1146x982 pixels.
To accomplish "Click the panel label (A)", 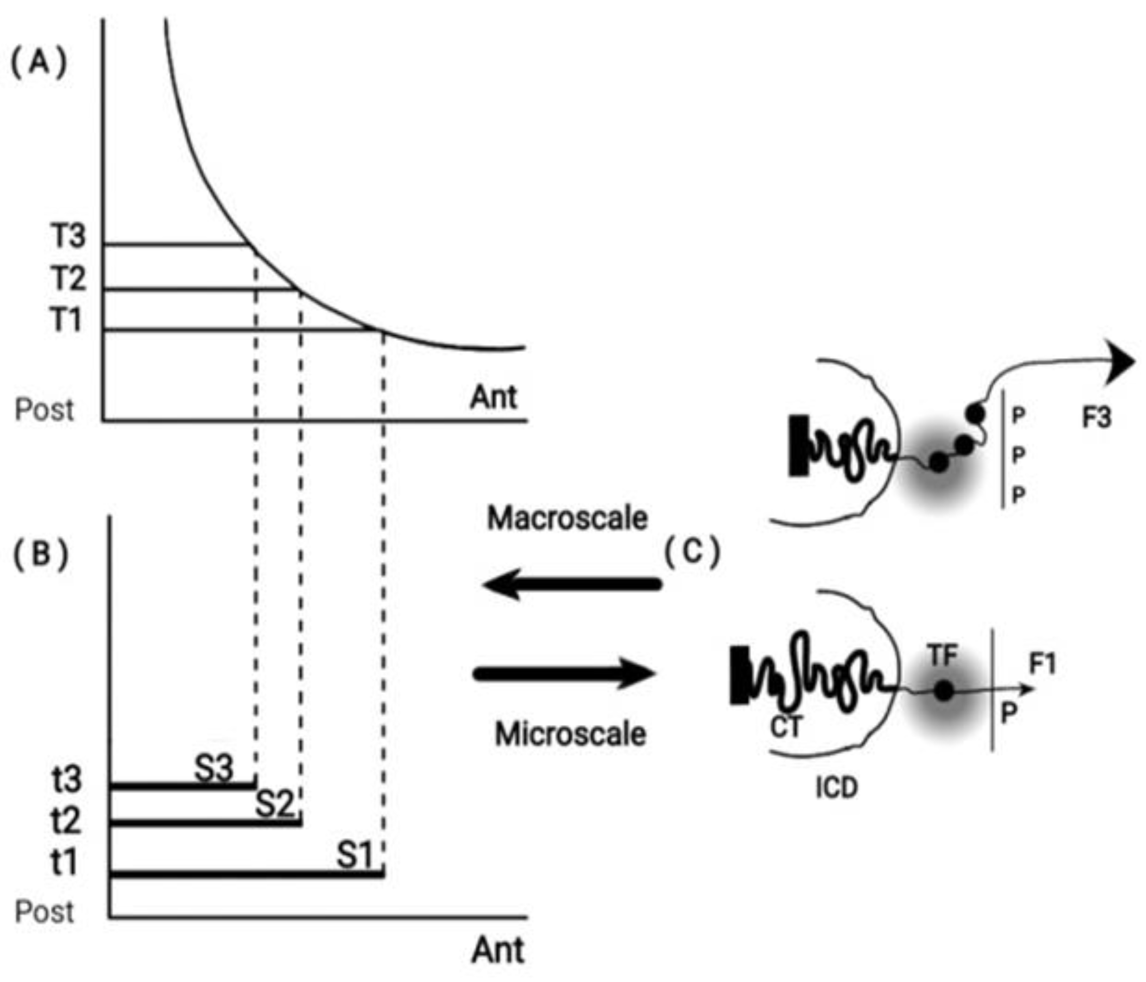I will coord(39,63).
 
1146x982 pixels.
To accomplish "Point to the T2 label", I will coord(69,278).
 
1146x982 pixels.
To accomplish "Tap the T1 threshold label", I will coord(66,320).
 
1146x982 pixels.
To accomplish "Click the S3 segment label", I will coord(214,768).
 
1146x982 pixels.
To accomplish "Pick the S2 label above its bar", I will coord(275,804).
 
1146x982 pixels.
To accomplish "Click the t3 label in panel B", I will coord(66,780).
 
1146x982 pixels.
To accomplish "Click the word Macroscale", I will coord(567,519).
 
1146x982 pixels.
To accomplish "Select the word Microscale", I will coord(570,735).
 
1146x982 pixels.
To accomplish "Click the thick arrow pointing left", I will coord(572,585).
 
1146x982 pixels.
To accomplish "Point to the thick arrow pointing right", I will coord(564,674).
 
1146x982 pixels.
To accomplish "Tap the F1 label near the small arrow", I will coord(1042,663).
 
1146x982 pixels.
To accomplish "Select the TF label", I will coord(943,656).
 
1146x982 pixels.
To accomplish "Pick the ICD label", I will coord(836,787).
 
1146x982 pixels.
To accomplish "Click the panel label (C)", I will coord(692,552).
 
